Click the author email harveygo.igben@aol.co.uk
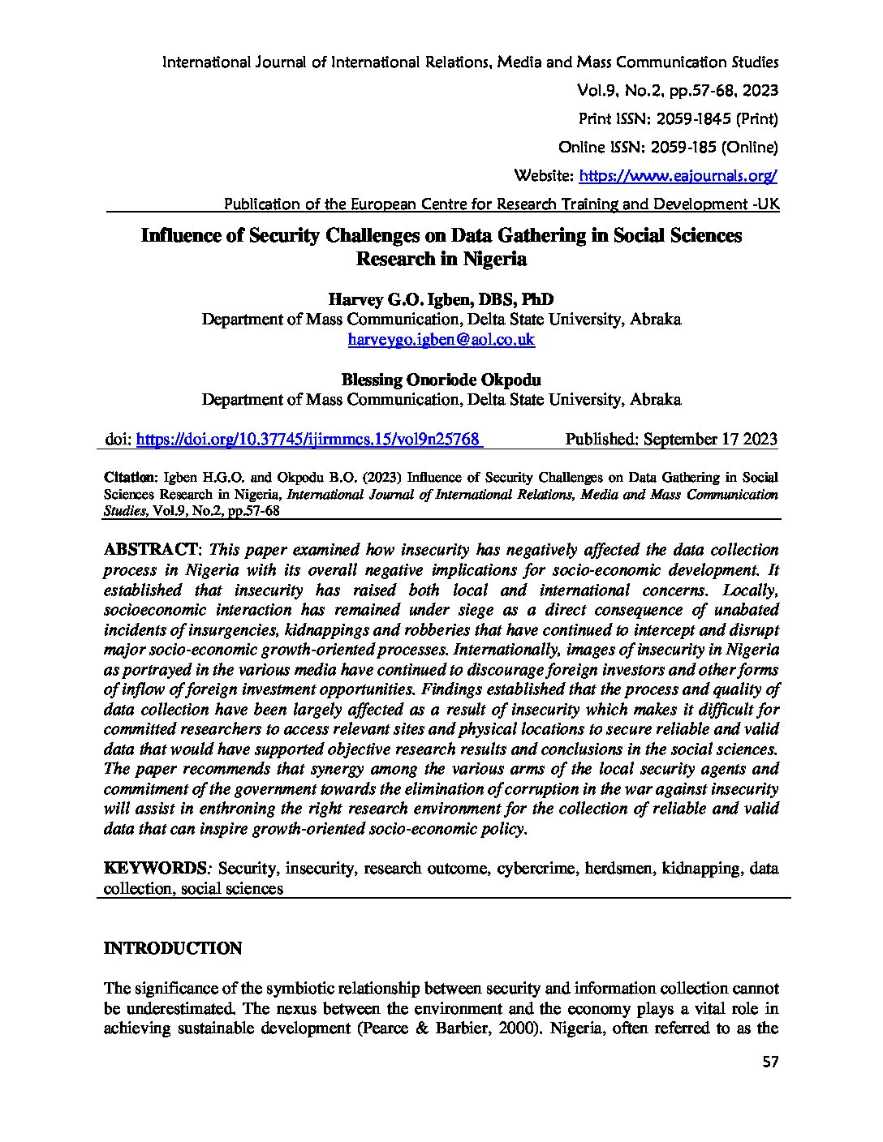pyautogui.click(x=441, y=340)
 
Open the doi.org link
pyautogui.click(x=309, y=439)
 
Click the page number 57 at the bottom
pyautogui.click(x=770, y=1085)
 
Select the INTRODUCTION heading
pyautogui.click(x=173, y=948)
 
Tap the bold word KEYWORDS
pyautogui.click(x=155, y=868)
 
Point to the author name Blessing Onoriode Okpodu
pyautogui.click(x=441, y=379)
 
